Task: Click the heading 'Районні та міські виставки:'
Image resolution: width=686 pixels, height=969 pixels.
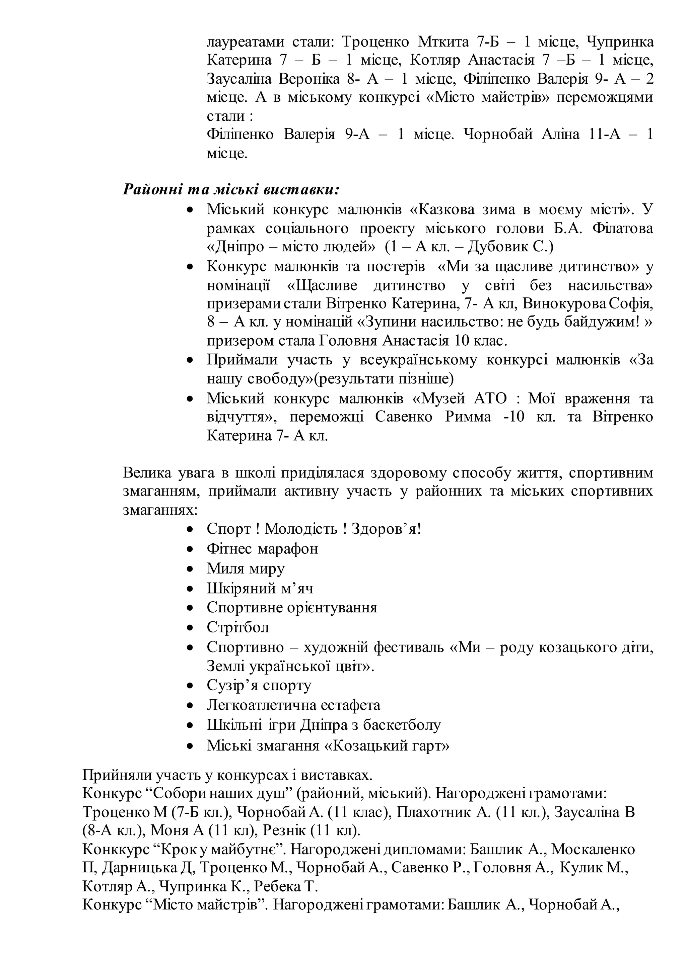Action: point(231,189)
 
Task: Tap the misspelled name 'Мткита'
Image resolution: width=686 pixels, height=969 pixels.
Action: point(443,42)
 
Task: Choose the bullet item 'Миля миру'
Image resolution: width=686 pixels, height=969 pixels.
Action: point(246,568)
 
